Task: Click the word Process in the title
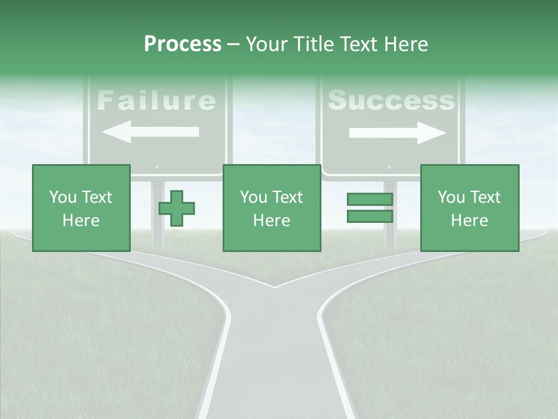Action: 183,44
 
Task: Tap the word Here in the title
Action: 406,44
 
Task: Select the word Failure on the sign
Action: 156,101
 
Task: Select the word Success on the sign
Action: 391,101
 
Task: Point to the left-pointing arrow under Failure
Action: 150,132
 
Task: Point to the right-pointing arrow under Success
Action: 397,133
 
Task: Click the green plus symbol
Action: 177,208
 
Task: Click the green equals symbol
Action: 370,208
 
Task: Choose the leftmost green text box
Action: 81,208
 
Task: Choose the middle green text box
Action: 272,208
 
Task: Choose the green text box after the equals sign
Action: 470,208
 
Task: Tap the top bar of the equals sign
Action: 370,200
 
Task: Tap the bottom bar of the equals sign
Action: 370,216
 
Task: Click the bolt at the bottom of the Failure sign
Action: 156,167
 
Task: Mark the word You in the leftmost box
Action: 63,197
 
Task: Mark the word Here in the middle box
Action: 272,221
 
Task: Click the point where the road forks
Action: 274,287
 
